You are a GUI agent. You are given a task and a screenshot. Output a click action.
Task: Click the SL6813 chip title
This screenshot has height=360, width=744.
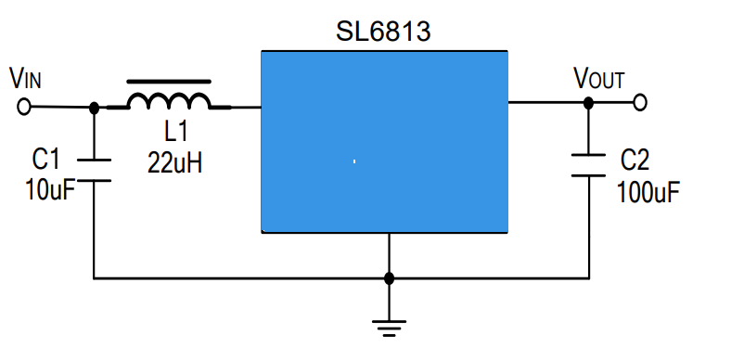[x=383, y=32]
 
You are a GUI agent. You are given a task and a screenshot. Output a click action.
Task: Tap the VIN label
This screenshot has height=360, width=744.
[x=26, y=78]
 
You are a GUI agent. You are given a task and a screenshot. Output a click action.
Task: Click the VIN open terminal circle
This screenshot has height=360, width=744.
[x=24, y=107]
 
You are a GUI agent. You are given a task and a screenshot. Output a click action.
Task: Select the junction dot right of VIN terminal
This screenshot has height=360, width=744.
[x=94, y=109]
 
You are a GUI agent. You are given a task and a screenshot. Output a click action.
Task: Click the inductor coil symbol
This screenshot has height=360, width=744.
[x=169, y=100]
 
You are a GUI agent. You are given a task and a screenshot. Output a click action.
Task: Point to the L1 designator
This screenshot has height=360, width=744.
[x=176, y=132]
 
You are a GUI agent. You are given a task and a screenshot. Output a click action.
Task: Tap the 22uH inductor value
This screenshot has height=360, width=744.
[x=174, y=163]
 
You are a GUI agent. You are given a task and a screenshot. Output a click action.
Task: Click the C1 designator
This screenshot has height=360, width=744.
[x=46, y=159]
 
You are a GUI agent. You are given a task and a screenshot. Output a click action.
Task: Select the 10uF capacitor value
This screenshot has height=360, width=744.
[x=50, y=189]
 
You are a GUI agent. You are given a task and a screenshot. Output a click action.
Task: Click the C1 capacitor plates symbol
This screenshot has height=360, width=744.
[x=94, y=171]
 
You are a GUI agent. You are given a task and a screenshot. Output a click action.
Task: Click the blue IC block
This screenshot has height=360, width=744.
[x=385, y=141]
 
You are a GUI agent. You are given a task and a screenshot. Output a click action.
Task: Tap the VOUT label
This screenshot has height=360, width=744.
[x=599, y=79]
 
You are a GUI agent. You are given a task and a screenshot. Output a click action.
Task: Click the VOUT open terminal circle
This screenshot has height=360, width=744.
[x=639, y=102]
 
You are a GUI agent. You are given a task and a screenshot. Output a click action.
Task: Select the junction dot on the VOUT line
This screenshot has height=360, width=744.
[x=588, y=102]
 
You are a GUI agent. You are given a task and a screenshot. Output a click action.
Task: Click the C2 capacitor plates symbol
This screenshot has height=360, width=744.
[x=588, y=165]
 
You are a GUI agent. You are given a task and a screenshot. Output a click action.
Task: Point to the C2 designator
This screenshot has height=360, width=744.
[x=635, y=160]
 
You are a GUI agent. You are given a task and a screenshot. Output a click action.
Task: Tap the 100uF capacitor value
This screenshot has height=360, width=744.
[x=648, y=192]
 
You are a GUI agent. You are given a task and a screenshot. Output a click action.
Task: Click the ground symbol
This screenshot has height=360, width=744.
[x=389, y=328]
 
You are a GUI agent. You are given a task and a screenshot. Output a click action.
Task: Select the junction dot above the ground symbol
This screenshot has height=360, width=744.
[x=389, y=278]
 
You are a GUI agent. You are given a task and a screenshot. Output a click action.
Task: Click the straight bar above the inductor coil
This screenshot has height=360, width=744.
[x=169, y=82]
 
